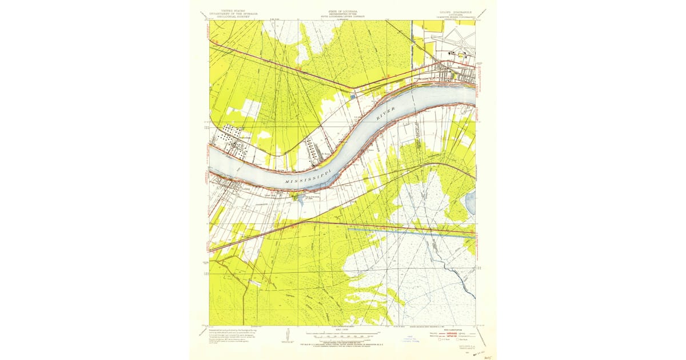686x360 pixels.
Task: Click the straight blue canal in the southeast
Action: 412,233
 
